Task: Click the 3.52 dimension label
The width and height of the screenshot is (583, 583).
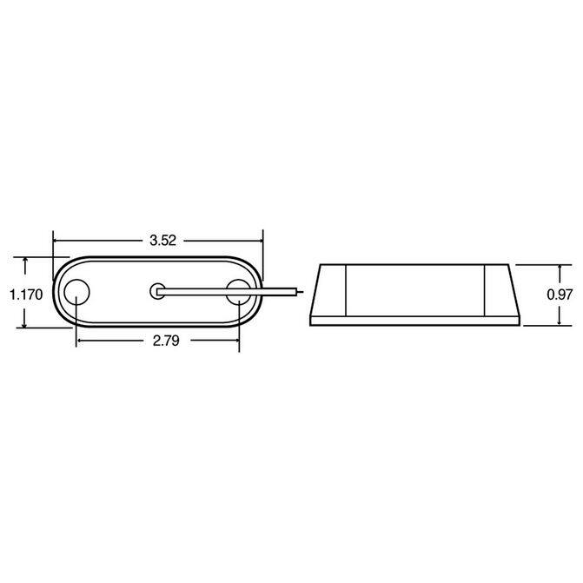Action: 162,241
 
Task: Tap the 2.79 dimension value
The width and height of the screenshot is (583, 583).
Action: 166,341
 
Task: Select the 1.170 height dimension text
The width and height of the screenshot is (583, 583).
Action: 26,295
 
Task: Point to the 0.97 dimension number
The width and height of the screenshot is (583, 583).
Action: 560,295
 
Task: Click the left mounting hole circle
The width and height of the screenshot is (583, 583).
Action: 76,292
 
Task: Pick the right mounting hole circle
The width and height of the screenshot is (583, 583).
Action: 239,292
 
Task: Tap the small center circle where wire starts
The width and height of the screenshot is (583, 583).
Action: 157,292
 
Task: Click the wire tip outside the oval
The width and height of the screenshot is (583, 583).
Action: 301,292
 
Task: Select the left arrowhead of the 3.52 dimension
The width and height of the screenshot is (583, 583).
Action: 56,241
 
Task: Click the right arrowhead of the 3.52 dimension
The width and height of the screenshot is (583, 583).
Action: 260,241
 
